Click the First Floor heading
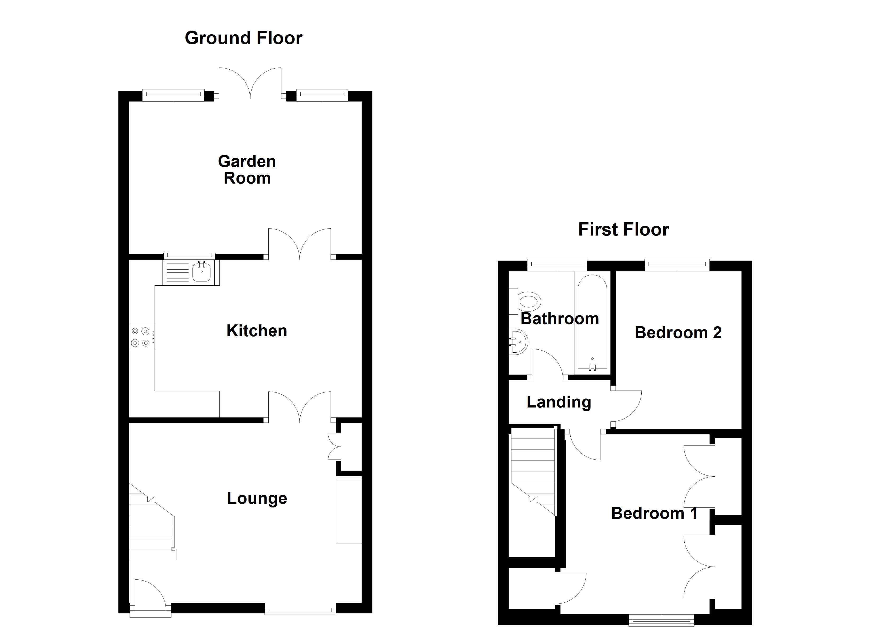point(623,229)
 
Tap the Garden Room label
point(247,170)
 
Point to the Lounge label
point(257,498)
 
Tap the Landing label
point(558,402)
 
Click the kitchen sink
point(201,272)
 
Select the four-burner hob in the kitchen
point(141,337)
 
